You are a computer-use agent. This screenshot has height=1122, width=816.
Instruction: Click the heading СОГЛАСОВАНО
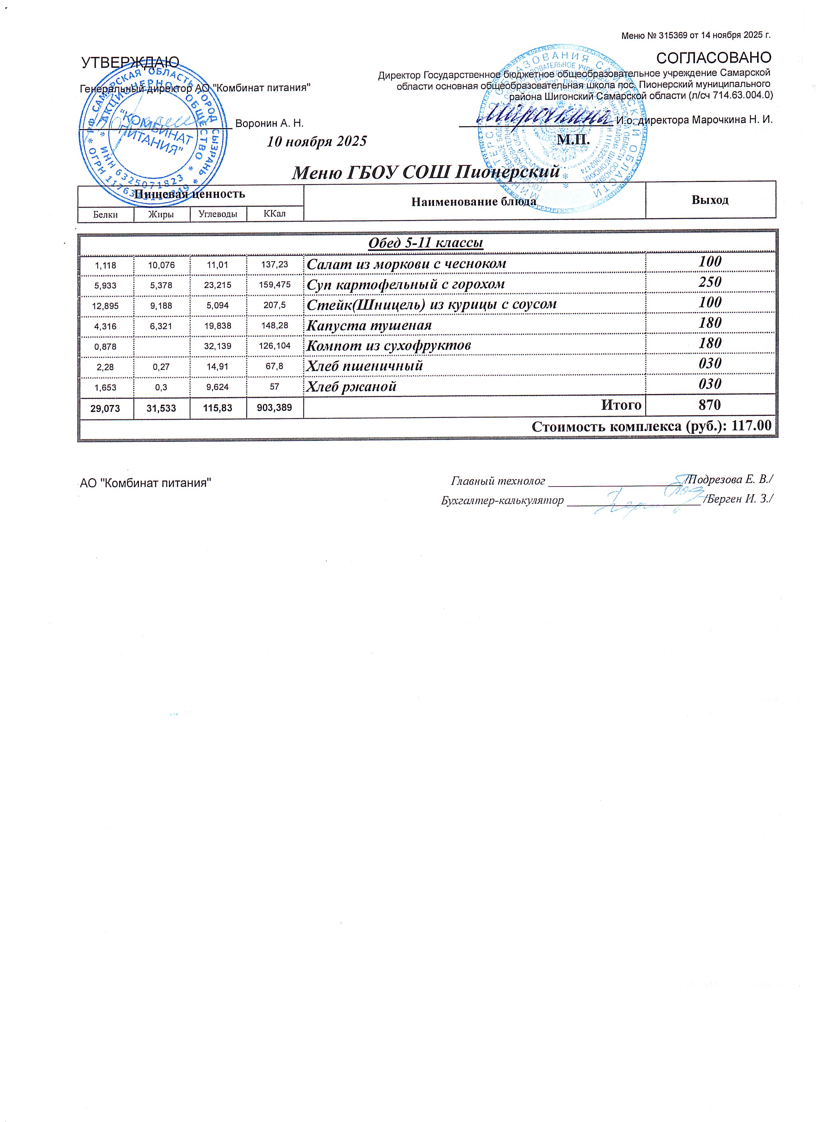click(x=714, y=58)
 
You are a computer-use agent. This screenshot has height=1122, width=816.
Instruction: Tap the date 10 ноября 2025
click(x=317, y=142)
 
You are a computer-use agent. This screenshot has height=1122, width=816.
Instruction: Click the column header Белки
click(x=106, y=214)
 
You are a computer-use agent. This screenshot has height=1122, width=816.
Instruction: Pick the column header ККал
click(x=275, y=214)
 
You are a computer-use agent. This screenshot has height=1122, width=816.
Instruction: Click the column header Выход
click(x=710, y=200)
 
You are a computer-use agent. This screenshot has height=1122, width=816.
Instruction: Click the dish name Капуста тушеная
click(x=369, y=325)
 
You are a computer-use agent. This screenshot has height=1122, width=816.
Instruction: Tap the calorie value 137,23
click(x=275, y=265)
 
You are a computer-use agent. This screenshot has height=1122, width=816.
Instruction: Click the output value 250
click(x=710, y=282)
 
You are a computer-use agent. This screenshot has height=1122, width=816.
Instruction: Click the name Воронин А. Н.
click(x=269, y=123)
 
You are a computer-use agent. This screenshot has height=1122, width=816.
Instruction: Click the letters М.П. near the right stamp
click(x=573, y=139)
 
